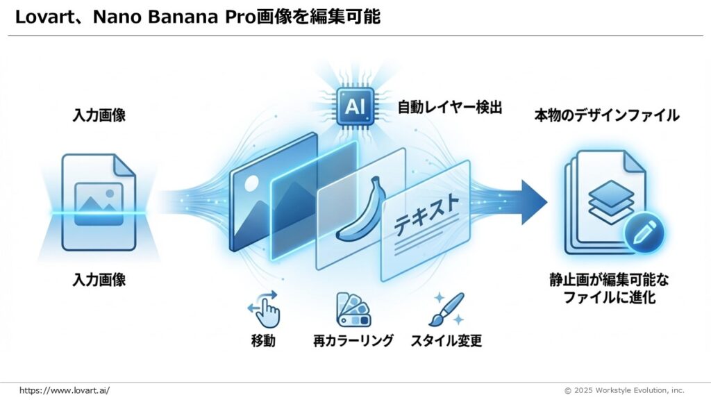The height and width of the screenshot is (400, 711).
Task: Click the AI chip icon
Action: coord(355,108)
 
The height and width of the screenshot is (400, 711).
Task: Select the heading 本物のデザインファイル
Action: coord(606,115)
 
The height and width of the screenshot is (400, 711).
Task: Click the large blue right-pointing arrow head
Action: coord(533,201)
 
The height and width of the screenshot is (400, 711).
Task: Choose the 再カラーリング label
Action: coord(353,340)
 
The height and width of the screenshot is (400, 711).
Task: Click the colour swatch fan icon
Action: coord(353,309)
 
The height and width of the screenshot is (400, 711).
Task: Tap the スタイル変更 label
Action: coord(446,340)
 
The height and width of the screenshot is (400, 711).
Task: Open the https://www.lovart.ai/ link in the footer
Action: coord(65,390)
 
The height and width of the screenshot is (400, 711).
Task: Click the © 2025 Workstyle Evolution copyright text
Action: coord(624,390)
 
